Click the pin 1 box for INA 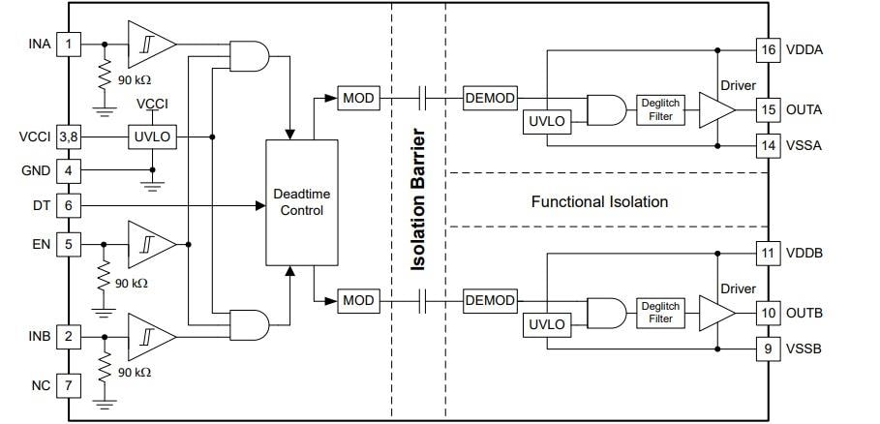tap(68, 44)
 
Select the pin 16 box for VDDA tap(768, 49)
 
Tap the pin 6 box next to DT tap(68, 205)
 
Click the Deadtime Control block tap(302, 202)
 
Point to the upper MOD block tap(358, 98)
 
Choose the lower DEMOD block tap(490, 300)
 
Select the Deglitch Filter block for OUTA tap(660, 109)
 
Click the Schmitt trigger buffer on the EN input tap(150, 244)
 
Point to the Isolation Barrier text tap(418, 200)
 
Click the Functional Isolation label tap(599, 202)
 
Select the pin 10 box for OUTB tap(768, 313)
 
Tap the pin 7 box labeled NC tap(68, 385)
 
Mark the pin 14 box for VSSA tap(768, 146)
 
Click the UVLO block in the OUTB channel tap(545, 324)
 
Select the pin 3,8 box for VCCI tap(68, 136)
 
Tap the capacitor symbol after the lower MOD tap(423, 300)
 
